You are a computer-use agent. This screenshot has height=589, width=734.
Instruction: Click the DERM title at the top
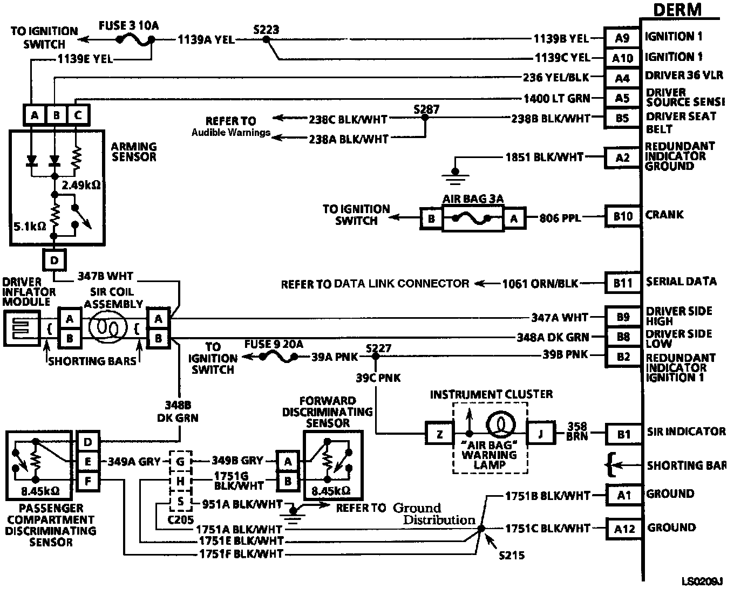677,10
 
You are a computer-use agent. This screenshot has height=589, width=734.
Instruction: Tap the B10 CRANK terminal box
623,216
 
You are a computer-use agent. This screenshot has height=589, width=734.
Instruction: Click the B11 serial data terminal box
623,283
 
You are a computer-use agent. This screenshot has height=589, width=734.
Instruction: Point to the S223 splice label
266,30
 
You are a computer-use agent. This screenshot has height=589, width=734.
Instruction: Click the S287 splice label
426,109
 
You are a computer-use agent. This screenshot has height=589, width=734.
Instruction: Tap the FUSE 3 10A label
129,25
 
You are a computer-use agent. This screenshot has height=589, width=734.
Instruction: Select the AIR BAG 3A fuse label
473,199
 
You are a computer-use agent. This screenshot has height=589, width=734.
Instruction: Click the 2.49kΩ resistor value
81,185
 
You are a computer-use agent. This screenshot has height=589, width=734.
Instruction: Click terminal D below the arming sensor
54,261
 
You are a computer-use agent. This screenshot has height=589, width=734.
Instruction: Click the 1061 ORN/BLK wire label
540,283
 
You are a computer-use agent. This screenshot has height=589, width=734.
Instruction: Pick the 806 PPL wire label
560,218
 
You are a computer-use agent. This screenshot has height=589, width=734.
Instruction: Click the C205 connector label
181,520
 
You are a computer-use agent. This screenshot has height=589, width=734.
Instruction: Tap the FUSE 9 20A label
274,344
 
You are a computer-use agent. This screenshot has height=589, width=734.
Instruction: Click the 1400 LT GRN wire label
556,98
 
